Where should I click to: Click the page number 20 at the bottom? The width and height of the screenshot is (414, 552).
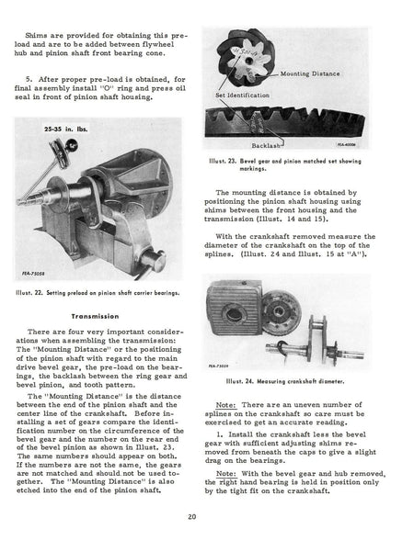tap(192, 517)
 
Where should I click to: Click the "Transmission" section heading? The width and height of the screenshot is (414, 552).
tap(95, 316)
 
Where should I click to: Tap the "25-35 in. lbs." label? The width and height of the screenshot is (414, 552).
tap(66, 129)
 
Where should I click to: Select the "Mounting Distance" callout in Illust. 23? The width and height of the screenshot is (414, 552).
tap(310, 73)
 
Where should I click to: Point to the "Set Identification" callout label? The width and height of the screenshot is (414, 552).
tap(242, 95)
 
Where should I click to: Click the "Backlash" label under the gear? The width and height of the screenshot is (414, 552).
tap(266, 145)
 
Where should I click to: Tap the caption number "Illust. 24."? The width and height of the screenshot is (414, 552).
tap(240, 381)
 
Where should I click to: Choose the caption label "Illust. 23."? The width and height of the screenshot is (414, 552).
tap(223, 162)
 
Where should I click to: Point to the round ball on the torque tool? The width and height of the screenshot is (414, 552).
tap(72, 143)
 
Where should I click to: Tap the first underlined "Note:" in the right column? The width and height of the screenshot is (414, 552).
tap(226, 405)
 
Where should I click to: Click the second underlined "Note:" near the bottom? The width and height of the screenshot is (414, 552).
tap(226, 474)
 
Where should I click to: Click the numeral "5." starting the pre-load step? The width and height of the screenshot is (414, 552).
tap(29, 79)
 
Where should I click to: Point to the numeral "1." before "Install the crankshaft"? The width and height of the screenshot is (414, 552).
tap(220, 434)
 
